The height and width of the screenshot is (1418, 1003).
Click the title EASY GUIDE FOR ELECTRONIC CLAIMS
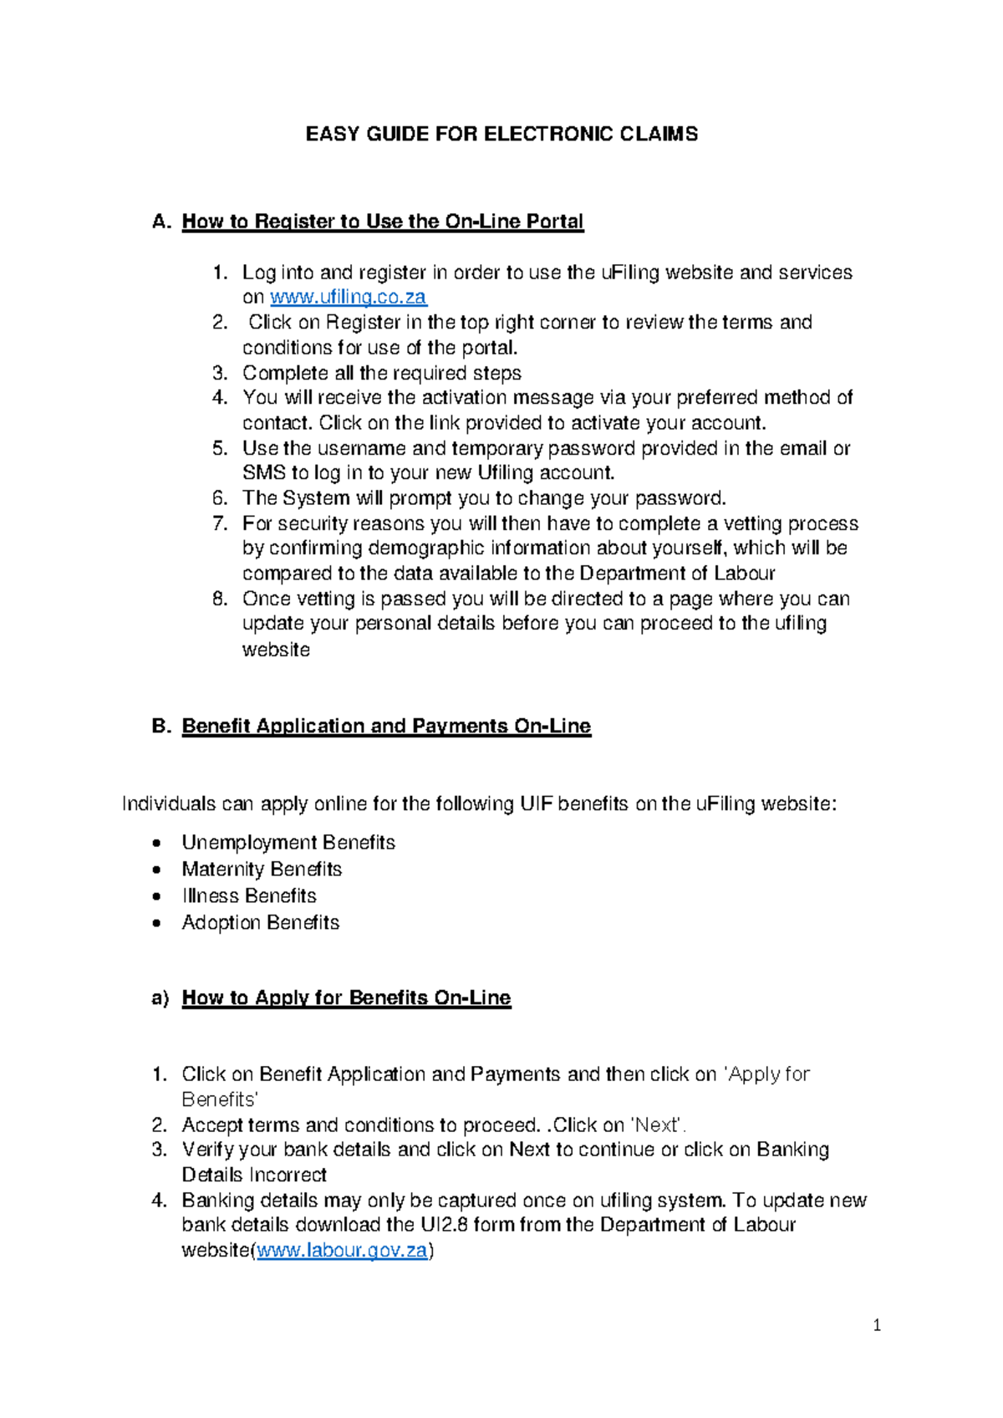pyautogui.click(x=501, y=135)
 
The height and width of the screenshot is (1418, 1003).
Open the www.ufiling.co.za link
pyautogui.click(x=348, y=297)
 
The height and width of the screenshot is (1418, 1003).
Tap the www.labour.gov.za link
pyautogui.click(x=342, y=1251)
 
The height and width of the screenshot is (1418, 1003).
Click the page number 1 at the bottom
pyautogui.click(x=877, y=1324)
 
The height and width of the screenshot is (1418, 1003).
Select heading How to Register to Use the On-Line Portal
pyautogui.click(x=382, y=222)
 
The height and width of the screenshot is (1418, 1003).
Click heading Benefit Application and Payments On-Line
pyautogui.click(x=386, y=726)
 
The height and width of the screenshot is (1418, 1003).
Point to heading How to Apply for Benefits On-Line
pyautogui.click(x=346, y=997)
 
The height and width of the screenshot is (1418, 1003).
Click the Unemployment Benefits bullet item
pyautogui.click(x=288, y=842)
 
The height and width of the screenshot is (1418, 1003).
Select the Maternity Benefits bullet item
pyautogui.click(x=262, y=869)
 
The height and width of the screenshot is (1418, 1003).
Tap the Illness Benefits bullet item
pyautogui.click(x=249, y=895)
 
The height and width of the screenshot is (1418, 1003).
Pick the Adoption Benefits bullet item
pyautogui.click(x=261, y=922)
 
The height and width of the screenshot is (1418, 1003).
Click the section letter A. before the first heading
pyautogui.click(x=161, y=222)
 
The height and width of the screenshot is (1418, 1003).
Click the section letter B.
pyautogui.click(x=161, y=726)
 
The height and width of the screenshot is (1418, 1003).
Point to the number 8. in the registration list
pyautogui.click(x=220, y=599)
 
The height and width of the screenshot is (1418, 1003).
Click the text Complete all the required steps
pyautogui.click(x=382, y=373)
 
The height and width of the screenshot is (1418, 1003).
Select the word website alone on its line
pyautogui.click(x=276, y=650)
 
